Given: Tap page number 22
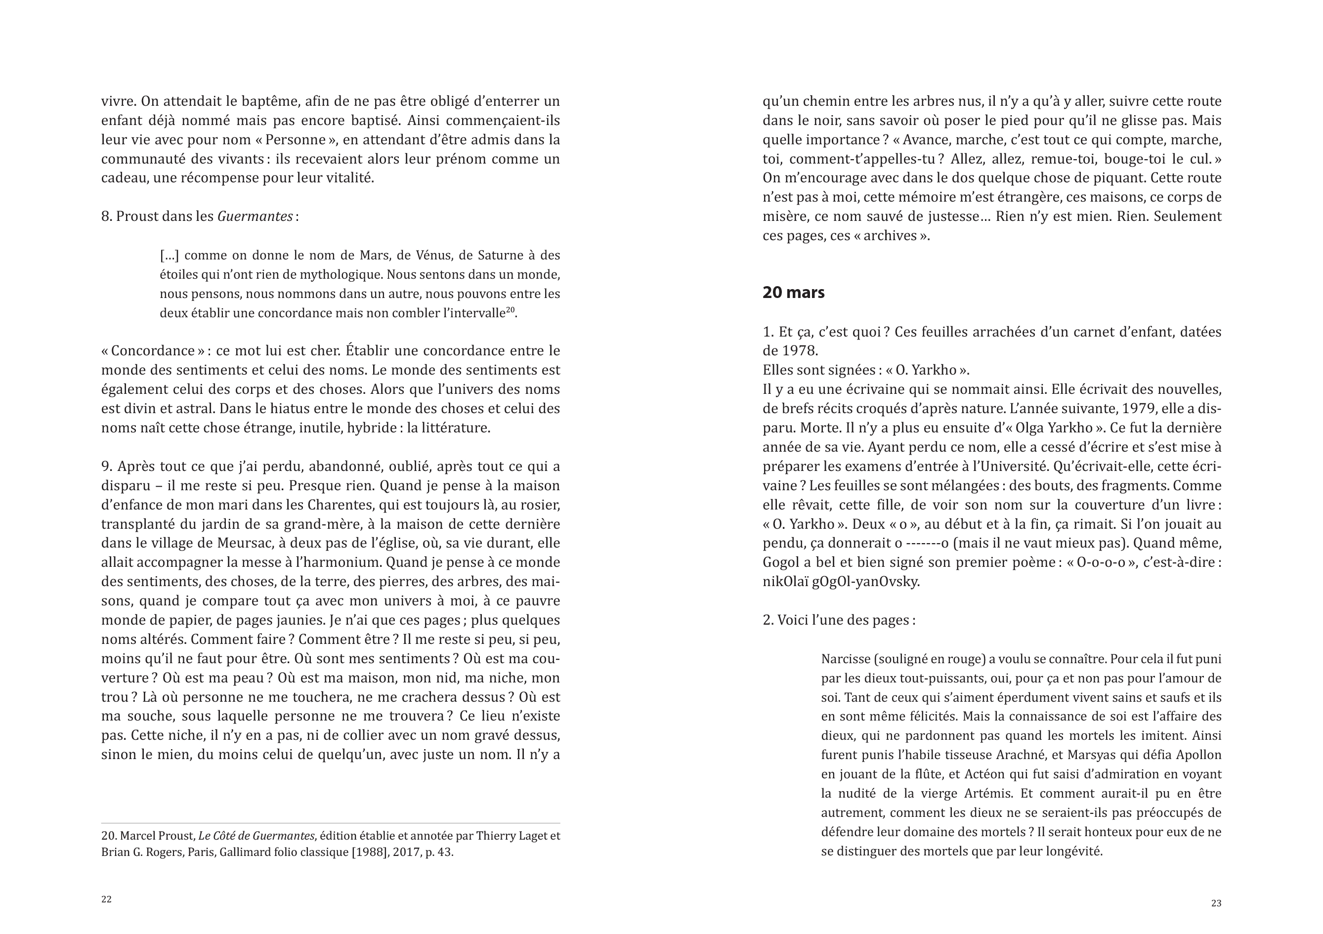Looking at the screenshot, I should [107, 899].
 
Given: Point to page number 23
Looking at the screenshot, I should [1216, 903].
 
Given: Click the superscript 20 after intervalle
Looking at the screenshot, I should [510, 309].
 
